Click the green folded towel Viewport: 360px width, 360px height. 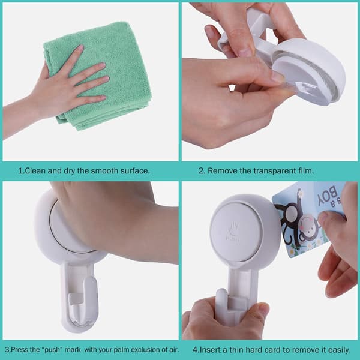coord(99,76)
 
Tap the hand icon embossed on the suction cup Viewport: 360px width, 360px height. coord(234,228)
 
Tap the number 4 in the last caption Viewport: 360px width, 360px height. coord(195,350)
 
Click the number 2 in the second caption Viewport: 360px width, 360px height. coord(201,171)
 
